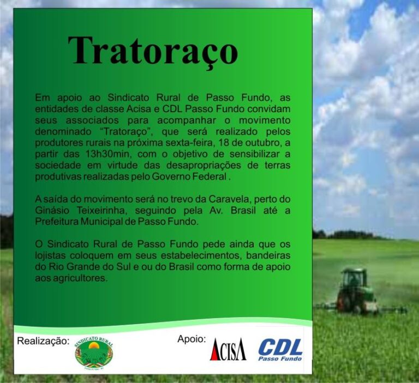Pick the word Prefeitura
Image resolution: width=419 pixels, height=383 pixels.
tap(56, 222)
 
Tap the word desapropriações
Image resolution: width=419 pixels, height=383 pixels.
tap(204, 165)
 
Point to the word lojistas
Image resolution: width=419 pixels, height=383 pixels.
tap(50, 256)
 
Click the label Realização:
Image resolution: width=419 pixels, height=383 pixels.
tap(43, 341)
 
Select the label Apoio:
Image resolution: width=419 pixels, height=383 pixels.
tap(191, 339)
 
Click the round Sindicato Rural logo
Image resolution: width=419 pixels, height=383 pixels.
tap(94, 353)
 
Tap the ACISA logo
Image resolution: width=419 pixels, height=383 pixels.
tap(228, 349)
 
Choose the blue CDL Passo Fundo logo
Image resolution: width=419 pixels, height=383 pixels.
tap(280, 350)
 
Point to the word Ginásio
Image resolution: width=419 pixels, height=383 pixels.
tap(53, 210)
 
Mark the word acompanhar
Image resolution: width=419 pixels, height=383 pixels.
tap(187, 120)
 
